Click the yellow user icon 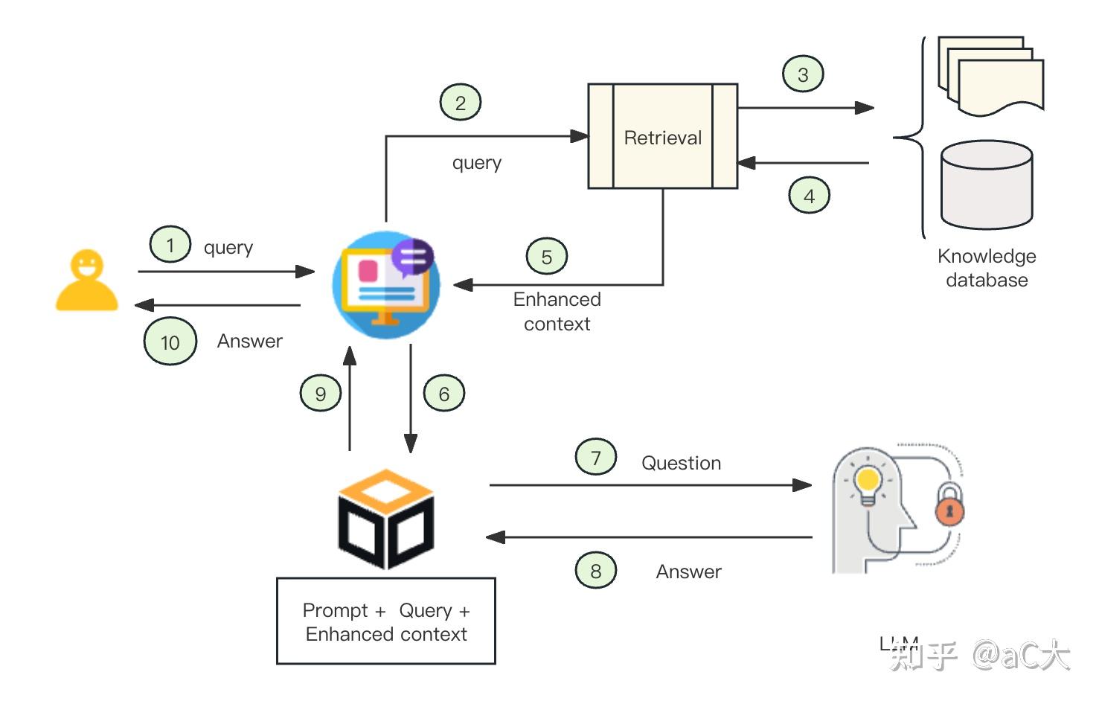pyautogui.click(x=86, y=281)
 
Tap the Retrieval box pyautogui.click(x=662, y=136)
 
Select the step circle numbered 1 pyautogui.click(x=170, y=245)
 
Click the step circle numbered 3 pyautogui.click(x=803, y=74)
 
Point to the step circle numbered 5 pyautogui.click(x=547, y=257)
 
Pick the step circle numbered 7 pyautogui.click(x=596, y=458)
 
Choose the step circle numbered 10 pyautogui.click(x=170, y=342)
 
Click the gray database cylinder pyautogui.click(x=986, y=185)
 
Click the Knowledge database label pyautogui.click(x=987, y=268)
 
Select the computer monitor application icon pyautogui.click(x=385, y=285)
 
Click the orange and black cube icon pyautogui.click(x=386, y=519)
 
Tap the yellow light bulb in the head pyautogui.click(x=868, y=482)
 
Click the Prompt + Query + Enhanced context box pyautogui.click(x=386, y=621)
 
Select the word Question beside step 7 pyautogui.click(x=681, y=463)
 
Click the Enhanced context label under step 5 pyautogui.click(x=557, y=311)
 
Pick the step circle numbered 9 pyautogui.click(x=321, y=394)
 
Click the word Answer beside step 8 pyautogui.click(x=688, y=572)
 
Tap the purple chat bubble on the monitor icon pyautogui.click(x=412, y=257)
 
